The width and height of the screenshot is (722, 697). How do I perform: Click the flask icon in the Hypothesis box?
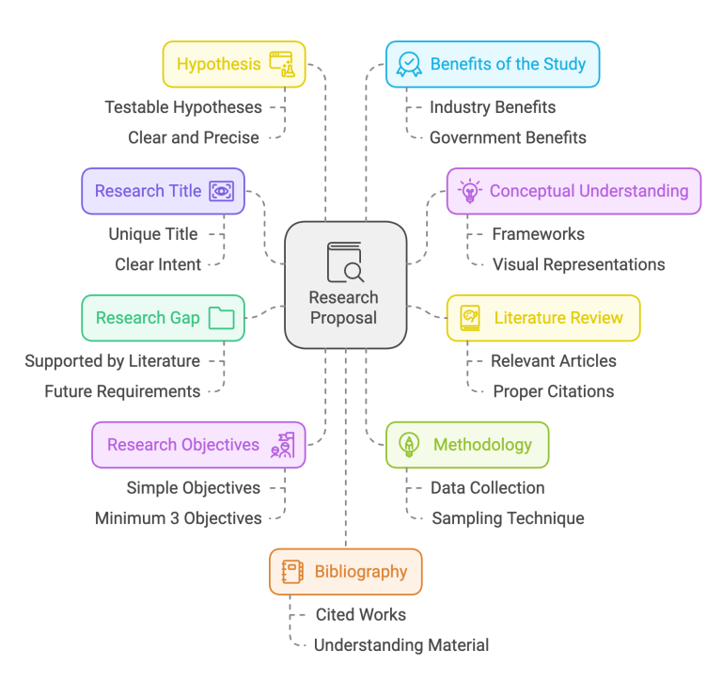point(282,64)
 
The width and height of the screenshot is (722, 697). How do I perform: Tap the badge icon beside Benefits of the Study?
point(409,64)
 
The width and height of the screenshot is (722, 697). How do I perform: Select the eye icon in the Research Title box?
point(222,191)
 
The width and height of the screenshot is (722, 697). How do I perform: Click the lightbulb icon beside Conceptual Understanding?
point(468,191)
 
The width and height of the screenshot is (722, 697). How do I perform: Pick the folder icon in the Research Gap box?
point(222,318)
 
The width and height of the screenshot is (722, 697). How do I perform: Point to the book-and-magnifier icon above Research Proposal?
point(345,262)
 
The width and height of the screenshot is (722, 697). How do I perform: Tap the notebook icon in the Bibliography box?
point(292,572)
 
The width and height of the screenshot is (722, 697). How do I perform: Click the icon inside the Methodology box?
point(409,445)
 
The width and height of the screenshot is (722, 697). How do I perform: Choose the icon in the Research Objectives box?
point(282,445)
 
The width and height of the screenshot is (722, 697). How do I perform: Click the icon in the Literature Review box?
point(470,318)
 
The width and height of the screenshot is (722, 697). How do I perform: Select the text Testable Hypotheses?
point(183,107)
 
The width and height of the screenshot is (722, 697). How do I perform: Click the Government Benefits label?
point(508,137)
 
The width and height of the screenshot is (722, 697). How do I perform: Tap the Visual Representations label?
point(578,264)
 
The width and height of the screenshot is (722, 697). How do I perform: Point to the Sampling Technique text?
point(508,518)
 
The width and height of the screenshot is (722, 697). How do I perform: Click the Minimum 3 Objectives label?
point(179,518)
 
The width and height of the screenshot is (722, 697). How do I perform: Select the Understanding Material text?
point(401,645)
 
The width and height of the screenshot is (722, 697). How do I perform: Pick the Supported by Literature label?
point(112,360)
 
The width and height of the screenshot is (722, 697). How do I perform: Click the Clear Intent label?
point(158,264)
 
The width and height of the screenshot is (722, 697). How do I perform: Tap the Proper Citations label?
point(553,391)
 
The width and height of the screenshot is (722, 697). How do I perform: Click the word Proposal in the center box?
point(343,318)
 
